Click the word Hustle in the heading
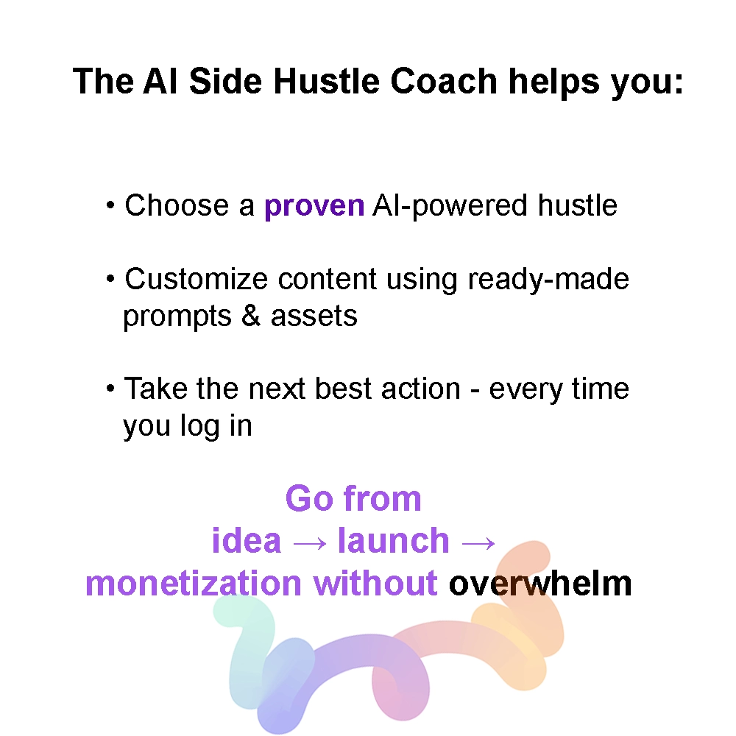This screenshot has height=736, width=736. [x=326, y=81]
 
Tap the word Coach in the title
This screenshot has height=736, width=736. [x=444, y=81]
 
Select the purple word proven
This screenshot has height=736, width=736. [x=314, y=207]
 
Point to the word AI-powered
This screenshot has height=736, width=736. [x=450, y=207]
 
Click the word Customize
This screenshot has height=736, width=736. [x=197, y=279]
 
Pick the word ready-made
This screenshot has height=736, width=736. [x=548, y=280]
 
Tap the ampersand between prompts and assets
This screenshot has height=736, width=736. [x=251, y=316]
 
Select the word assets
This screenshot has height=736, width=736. [x=314, y=316]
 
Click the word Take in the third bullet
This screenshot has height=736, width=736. [x=156, y=389]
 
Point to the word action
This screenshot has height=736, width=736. [x=420, y=389]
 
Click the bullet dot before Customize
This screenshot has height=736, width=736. [x=110, y=279]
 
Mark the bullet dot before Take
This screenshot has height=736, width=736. [x=110, y=389]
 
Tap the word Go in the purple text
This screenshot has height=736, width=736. [x=308, y=498]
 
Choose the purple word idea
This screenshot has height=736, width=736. [x=247, y=541]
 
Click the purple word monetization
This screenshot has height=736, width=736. [x=194, y=584]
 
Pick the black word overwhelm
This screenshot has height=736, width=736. [x=540, y=584]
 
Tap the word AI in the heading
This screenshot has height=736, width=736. [x=160, y=81]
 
